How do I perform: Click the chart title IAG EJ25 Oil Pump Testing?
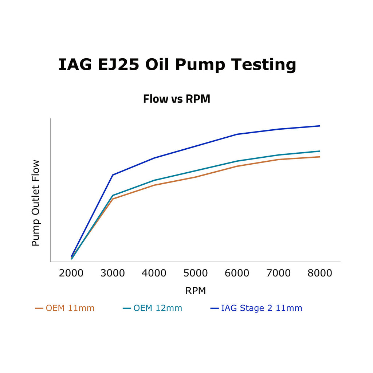tap(177, 65)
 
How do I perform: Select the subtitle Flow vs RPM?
tap(177, 99)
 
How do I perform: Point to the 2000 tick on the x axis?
tap(71, 273)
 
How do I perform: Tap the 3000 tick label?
tap(113, 273)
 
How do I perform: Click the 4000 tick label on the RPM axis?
tap(154, 273)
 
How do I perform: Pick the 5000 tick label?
tap(196, 273)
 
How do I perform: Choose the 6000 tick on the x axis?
tap(237, 273)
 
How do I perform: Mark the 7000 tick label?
tap(279, 273)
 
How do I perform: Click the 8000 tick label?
tap(320, 273)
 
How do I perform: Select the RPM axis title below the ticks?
tap(196, 291)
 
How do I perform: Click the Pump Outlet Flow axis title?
tap(35, 203)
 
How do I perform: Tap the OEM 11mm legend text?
tap(70, 308)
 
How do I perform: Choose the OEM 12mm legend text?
tap(158, 308)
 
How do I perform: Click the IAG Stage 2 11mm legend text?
tap(262, 308)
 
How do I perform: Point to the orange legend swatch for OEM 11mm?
tap(39, 309)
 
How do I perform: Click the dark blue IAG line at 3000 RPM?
tap(113, 175)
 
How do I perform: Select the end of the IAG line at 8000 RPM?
tap(319, 126)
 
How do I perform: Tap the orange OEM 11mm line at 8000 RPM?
tap(319, 157)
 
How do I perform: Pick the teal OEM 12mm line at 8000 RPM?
tap(319, 151)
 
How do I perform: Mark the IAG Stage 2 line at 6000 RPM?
tap(237, 134)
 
